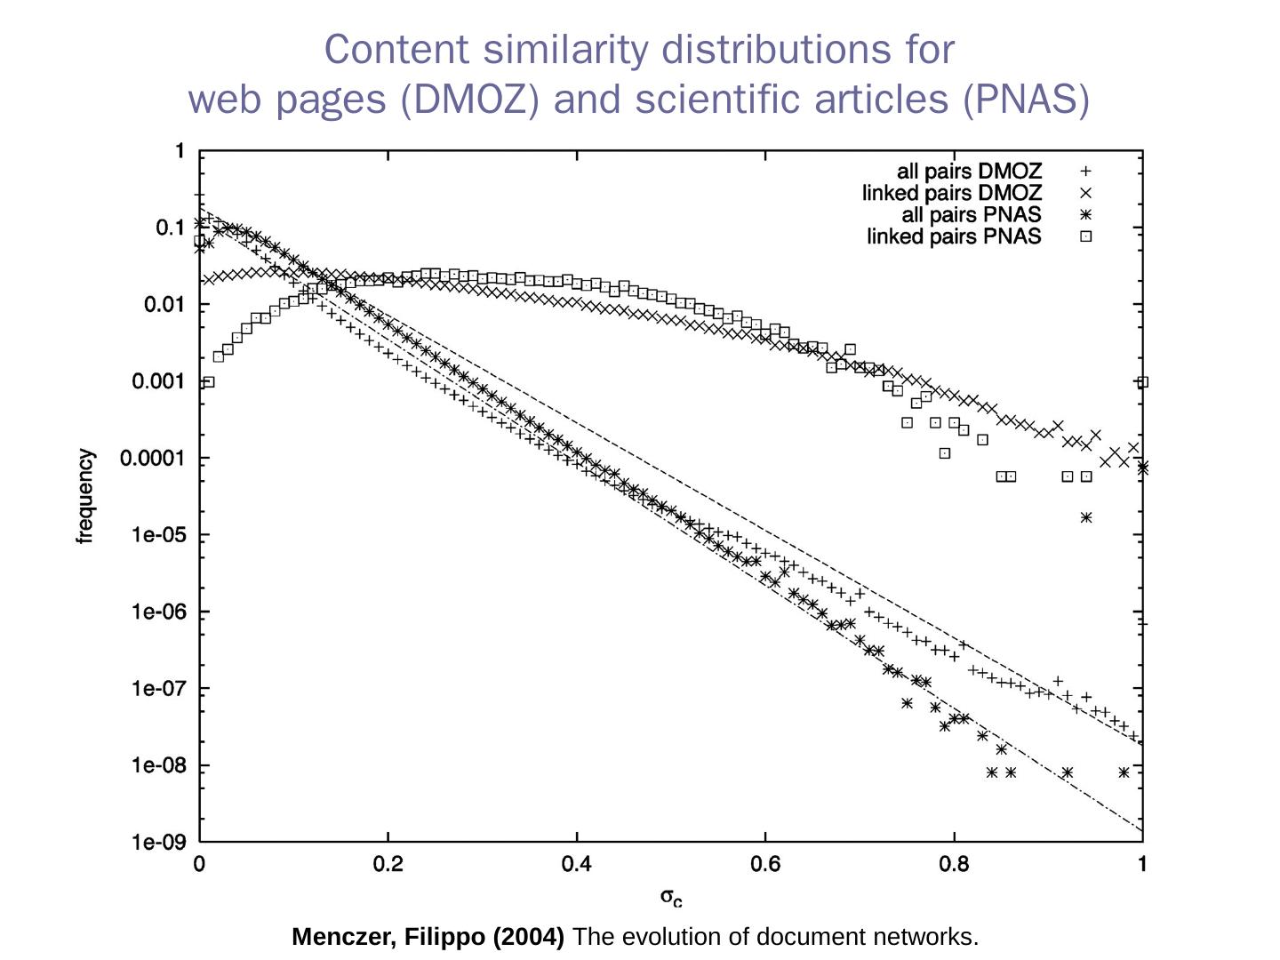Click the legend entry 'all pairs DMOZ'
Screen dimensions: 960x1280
pyautogui.click(x=969, y=172)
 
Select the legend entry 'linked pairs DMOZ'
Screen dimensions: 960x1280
pyautogui.click(x=951, y=193)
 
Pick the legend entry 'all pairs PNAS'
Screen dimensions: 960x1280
pyautogui.click(x=971, y=215)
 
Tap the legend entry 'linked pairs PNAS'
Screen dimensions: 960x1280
pyautogui.click(x=954, y=236)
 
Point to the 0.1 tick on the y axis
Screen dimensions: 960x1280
pyautogui.click(x=170, y=228)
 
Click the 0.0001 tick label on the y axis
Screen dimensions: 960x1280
pyautogui.click(x=152, y=459)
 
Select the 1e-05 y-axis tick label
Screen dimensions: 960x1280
pyautogui.click(x=158, y=535)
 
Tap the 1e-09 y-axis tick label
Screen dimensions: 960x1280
pyautogui.click(x=158, y=842)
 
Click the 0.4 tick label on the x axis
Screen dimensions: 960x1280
pyautogui.click(x=577, y=864)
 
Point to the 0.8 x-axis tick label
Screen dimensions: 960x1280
pyautogui.click(x=954, y=864)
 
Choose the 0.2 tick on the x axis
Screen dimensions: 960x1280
pyautogui.click(x=388, y=864)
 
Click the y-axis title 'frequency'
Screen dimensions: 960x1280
pyautogui.click(x=85, y=496)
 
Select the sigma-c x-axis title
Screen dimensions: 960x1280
pyautogui.click(x=671, y=897)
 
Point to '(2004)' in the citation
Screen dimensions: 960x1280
pyautogui.click(x=529, y=937)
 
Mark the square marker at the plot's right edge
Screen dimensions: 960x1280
pyautogui.click(x=1143, y=382)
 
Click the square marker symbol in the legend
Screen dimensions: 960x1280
pyautogui.click(x=1085, y=236)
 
